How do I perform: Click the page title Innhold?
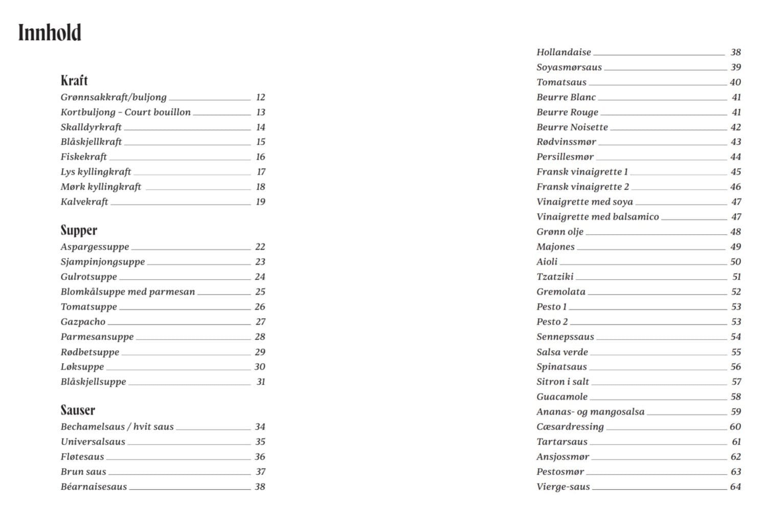50,33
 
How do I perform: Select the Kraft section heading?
74,81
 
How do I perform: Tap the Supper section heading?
79,230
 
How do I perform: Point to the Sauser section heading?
78,410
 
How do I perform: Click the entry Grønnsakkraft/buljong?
114,97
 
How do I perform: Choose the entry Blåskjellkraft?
91,142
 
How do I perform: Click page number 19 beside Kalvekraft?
260,202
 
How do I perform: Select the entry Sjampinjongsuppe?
103,262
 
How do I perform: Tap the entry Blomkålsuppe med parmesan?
128,292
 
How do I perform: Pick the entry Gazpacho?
83,322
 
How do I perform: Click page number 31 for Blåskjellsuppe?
261,382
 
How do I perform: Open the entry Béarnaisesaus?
94,487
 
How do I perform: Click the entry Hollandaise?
563,52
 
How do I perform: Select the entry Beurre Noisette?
572,127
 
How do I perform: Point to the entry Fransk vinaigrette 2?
582,187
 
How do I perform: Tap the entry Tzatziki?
555,277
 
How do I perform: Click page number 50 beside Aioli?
735,262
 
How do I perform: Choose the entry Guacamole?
562,397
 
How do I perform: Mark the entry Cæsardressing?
570,426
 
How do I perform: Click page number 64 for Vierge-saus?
735,487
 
